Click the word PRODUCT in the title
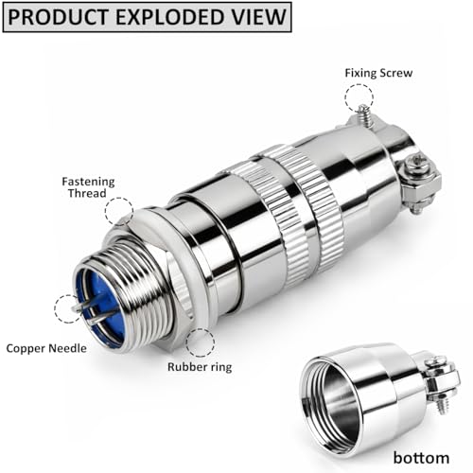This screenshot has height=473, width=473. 58,17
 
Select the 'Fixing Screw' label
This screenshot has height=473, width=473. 378,73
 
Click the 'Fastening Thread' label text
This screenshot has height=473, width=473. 88,187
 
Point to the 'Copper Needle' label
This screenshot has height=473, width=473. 46,348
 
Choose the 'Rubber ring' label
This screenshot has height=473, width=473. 200,367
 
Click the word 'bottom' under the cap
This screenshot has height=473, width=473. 421,458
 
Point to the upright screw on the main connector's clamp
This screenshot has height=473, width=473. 365,115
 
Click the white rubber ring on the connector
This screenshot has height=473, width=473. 177,262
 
